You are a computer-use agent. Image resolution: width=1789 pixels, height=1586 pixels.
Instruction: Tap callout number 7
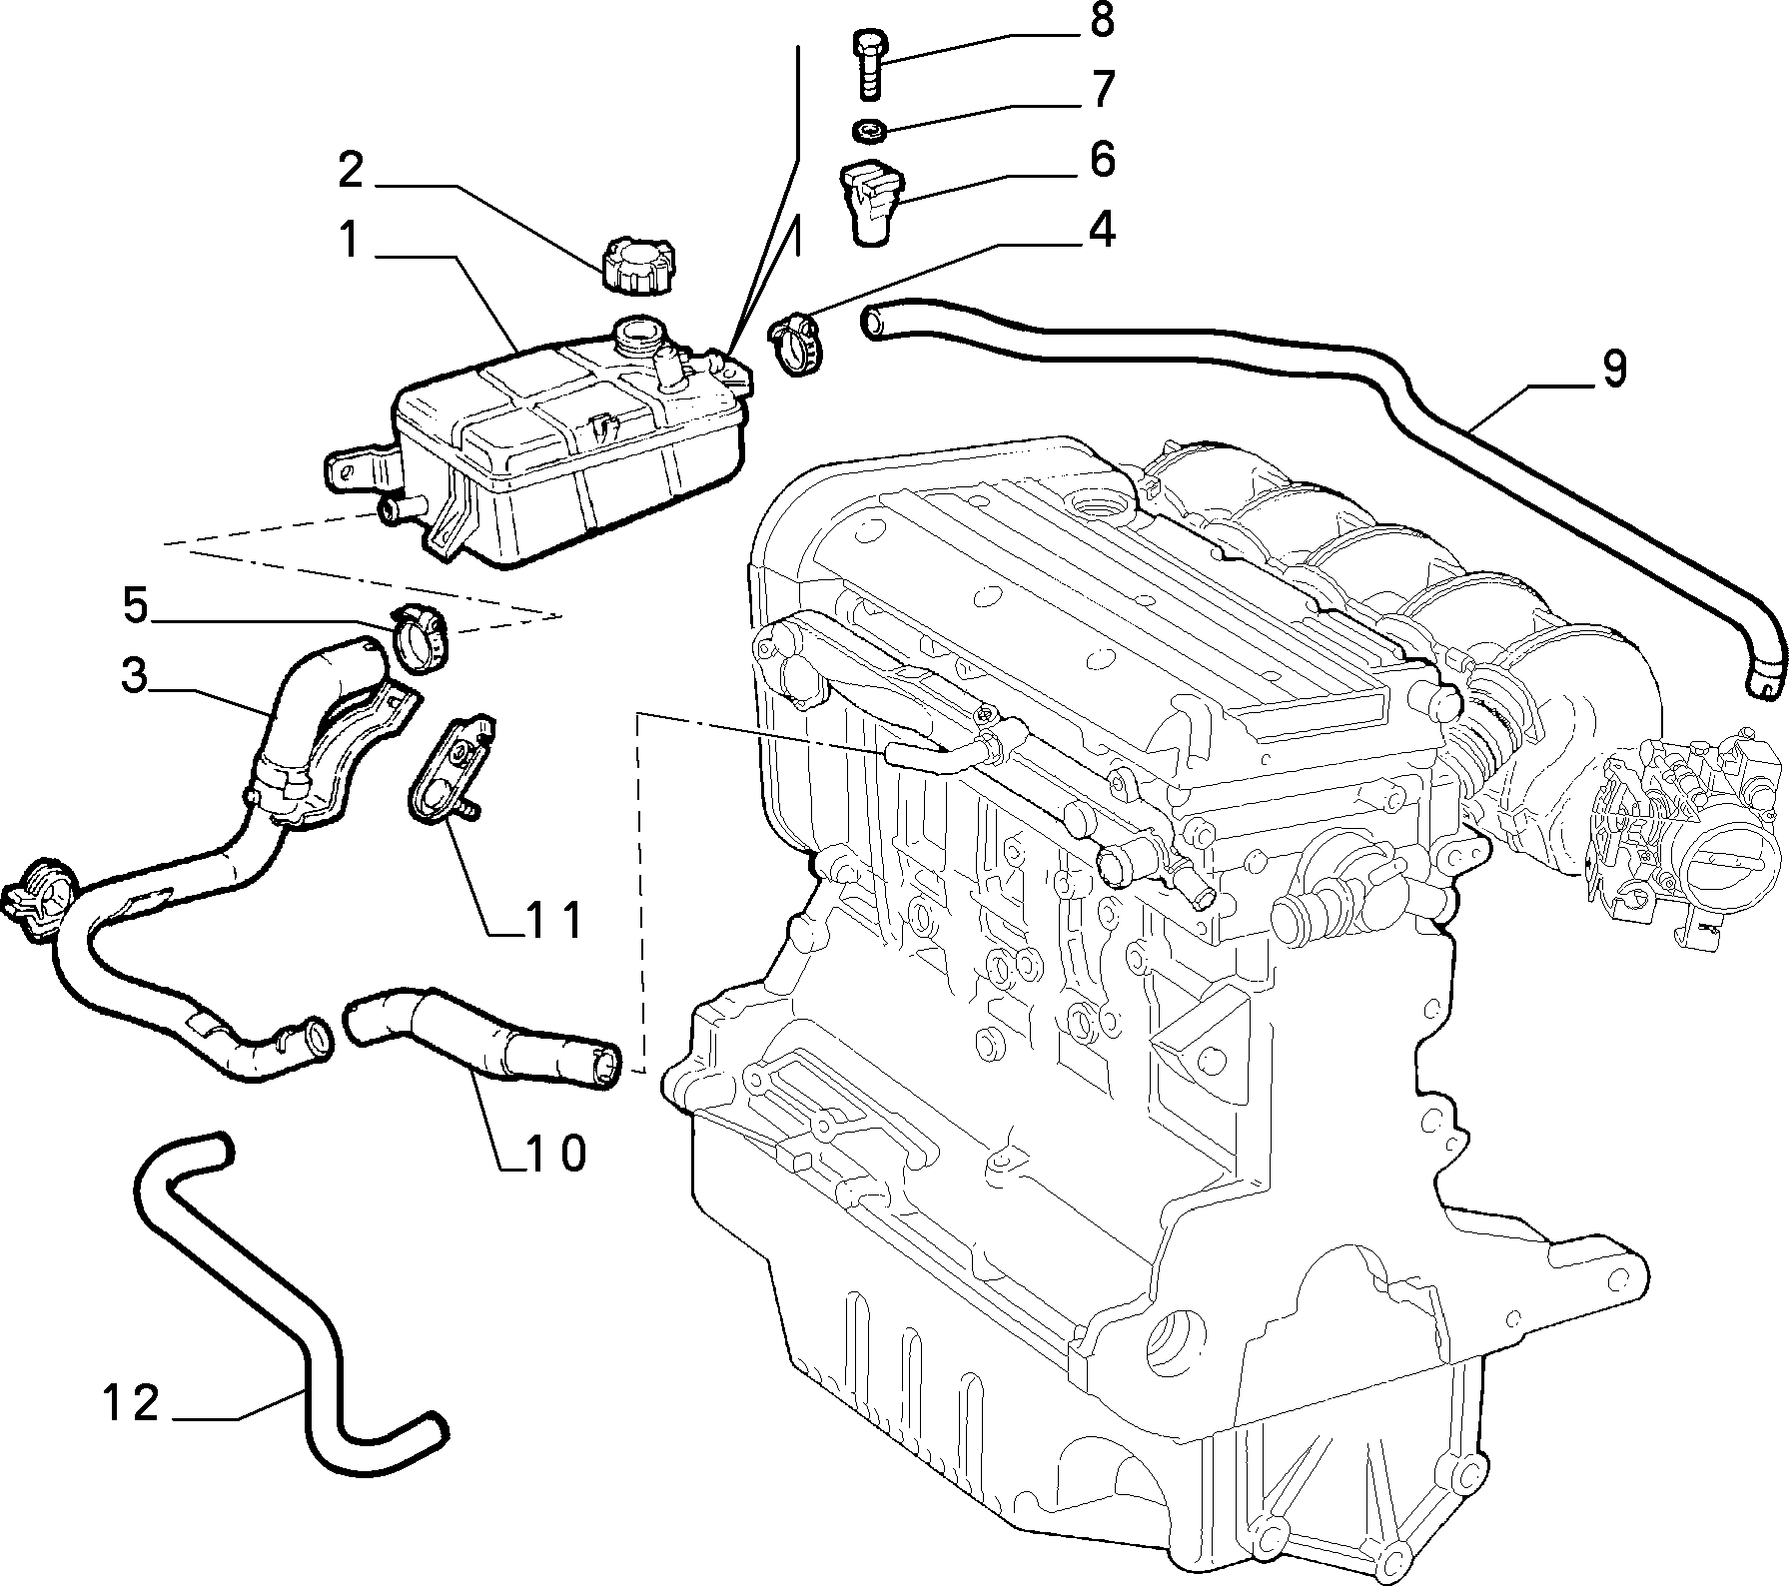pos(1102,89)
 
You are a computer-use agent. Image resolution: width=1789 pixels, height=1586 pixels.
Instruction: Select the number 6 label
pos(1102,159)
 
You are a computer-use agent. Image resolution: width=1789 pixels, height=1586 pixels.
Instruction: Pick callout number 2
pos(351,170)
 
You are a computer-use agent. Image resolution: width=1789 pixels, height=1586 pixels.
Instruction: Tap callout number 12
pos(131,1404)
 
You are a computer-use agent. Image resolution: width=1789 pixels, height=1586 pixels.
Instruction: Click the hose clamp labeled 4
pos(796,345)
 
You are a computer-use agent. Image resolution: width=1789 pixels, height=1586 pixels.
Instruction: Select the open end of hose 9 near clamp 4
pos(874,323)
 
